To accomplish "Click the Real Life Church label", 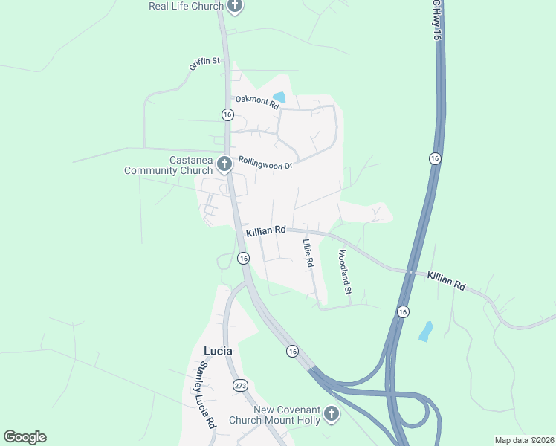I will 186,7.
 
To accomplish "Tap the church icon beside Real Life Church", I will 235,7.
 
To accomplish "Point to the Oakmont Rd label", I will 256,103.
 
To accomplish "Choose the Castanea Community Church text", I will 169,165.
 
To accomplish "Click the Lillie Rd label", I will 308,253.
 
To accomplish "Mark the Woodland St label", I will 344,271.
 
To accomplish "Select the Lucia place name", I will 218,350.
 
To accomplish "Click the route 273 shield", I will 240,385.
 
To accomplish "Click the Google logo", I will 25,437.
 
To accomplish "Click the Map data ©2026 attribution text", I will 524,440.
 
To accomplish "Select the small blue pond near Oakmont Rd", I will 279,97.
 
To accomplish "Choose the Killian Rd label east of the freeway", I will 446,280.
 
